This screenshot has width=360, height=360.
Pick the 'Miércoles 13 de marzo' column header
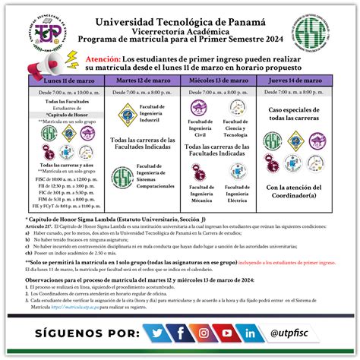pyautogui.click(x=217, y=79)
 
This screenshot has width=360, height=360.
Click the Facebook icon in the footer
pyautogui.click(x=181, y=331)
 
